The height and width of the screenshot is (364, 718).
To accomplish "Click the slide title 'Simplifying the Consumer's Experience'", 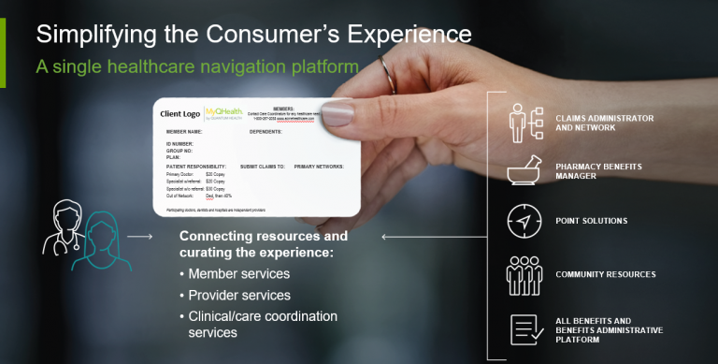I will point(253,34).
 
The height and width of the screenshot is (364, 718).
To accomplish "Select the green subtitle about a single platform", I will point(197,67).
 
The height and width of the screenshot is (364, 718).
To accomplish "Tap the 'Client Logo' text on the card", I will point(181,114).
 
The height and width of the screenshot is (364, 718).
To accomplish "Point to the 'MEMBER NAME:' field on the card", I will point(185,132).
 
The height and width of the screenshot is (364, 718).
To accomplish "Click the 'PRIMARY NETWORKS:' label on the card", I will point(319,166).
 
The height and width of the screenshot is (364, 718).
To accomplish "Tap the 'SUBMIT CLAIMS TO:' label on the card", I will point(263,166).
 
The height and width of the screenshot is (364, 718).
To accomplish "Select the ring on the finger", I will point(387,73).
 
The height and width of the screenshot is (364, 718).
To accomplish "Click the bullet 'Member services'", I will point(238,273).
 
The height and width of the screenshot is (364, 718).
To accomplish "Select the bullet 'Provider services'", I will point(240,295).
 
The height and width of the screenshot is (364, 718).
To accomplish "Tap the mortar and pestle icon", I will point(524,170).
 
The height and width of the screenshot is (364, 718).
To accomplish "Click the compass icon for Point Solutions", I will point(524,222).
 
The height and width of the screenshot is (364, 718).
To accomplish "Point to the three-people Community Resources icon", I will point(524,275).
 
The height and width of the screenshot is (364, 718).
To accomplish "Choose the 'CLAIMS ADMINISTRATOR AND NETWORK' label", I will point(604,123).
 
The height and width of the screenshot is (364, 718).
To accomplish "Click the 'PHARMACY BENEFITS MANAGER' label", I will point(598,170).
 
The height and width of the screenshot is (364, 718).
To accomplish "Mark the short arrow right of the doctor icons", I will point(140,237).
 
